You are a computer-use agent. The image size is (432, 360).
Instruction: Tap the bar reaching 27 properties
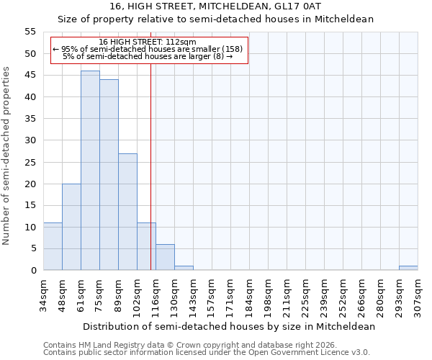point(127,212)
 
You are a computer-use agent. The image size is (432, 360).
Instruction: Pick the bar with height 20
point(71,227)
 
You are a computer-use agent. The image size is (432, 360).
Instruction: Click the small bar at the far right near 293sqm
point(408,268)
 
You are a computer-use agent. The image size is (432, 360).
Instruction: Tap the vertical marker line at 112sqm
point(150,166)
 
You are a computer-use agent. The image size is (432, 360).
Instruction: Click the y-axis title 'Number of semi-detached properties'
point(7,155)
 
